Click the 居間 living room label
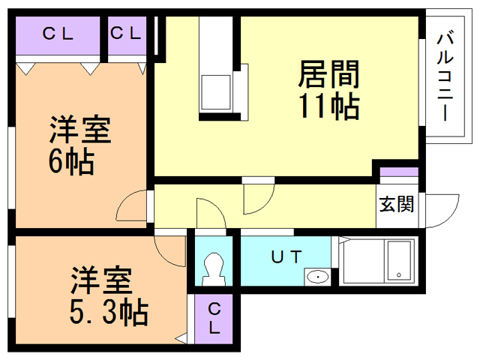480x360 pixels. pyautogui.click(x=328, y=74)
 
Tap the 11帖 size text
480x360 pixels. pyautogui.click(x=329, y=106)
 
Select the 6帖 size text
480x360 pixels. pyautogui.click(x=71, y=161)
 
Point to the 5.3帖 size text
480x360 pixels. pyautogui.click(x=109, y=312)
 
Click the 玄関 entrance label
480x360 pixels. pyautogui.click(x=397, y=204)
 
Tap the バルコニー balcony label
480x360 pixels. pyautogui.click(x=445, y=75)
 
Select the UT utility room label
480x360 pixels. pyautogui.click(x=286, y=256)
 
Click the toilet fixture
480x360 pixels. pyautogui.click(x=214, y=269)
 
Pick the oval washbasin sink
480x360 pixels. pyautogui.click(x=318, y=277)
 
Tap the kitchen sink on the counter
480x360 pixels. pyautogui.click(x=215, y=92)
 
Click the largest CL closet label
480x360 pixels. pyautogui.click(x=58, y=34)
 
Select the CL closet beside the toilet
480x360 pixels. pyautogui.click(x=214, y=318)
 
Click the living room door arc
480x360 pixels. pyautogui.click(x=267, y=205)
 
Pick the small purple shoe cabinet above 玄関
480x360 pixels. pyautogui.click(x=399, y=172)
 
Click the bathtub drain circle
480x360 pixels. pyautogui.click(x=399, y=275)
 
